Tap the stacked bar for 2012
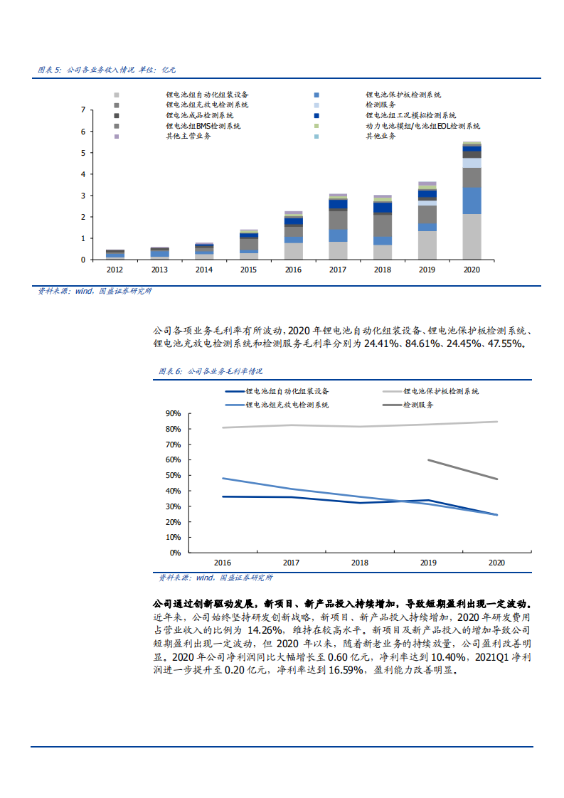click(115, 254)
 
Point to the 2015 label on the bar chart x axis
click(248, 270)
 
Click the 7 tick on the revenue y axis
click(83, 110)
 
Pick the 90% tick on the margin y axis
click(173, 413)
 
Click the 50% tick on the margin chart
click(173, 475)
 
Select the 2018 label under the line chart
click(360, 563)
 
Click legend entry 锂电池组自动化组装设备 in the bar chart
click(207, 95)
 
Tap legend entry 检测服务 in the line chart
click(418, 405)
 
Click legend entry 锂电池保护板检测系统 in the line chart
click(441, 391)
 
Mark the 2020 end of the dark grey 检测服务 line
click(497, 479)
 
